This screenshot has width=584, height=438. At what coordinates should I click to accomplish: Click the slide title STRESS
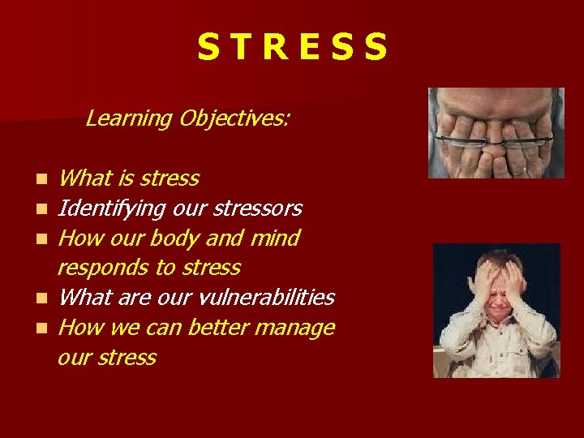click(293, 48)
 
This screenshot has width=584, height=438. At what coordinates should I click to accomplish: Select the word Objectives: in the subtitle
click(235, 118)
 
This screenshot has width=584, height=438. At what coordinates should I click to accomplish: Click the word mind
click(277, 238)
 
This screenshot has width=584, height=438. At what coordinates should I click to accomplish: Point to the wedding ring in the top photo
click(517, 170)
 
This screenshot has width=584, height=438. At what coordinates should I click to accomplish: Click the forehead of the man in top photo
click(495, 101)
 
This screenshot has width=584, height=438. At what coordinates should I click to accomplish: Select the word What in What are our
click(84, 298)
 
